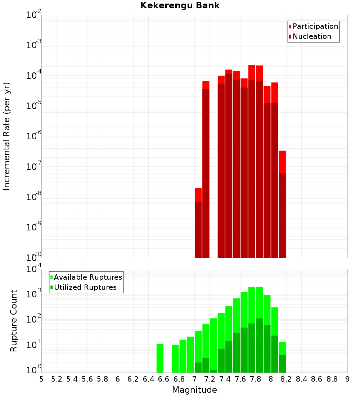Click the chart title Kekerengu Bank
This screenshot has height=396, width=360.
[180, 6]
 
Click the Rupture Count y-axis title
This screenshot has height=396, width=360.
[14, 321]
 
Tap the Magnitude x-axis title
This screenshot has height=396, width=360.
[194, 390]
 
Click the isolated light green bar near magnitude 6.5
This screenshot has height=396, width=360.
[160, 358]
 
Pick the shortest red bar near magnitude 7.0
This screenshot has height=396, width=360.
[198, 223]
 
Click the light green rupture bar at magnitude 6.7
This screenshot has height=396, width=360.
[175, 359]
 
